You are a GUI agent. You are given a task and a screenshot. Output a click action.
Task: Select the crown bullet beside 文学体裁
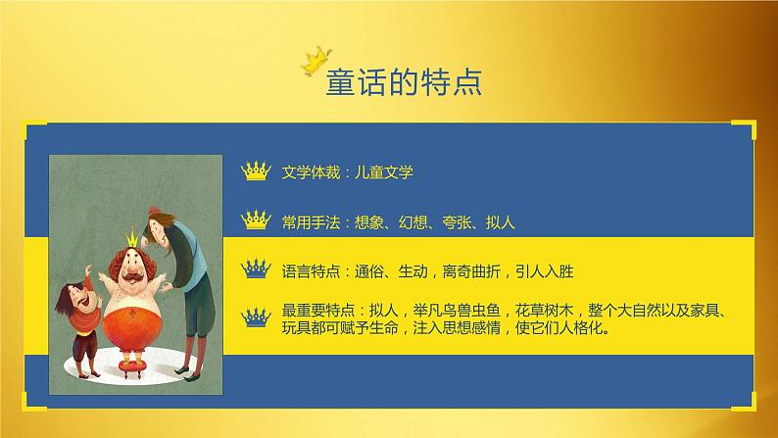pyautogui.click(x=255, y=172)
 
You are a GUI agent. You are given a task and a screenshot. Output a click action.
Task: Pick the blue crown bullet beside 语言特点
pyautogui.click(x=255, y=268)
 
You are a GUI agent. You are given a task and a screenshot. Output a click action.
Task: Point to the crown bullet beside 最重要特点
pyautogui.click(x=255, y=316)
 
